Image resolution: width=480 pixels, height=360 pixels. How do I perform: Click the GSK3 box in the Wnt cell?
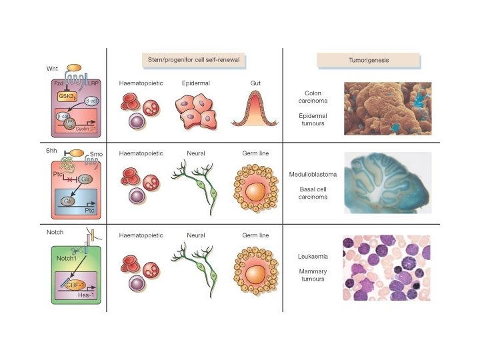coord(67,96)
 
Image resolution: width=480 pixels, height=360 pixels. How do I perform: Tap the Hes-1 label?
coord(85,293)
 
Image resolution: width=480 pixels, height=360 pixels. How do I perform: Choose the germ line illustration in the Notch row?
coord(257,269)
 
